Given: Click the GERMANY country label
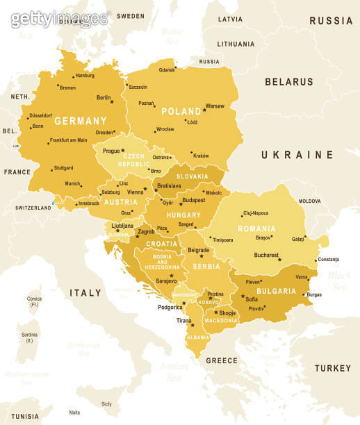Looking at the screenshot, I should point(81,121).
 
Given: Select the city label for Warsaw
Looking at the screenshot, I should point(215,106).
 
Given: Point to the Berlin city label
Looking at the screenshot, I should point(104,98).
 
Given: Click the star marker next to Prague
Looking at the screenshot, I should point(123,150).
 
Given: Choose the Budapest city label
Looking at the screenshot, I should point(193,200).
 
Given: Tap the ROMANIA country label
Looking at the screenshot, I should point(256,228).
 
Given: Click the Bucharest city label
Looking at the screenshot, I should point(266,255).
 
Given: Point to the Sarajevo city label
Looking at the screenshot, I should point(166,281).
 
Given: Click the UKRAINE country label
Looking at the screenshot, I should point(297,155).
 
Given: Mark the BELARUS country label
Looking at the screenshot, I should point(288,82).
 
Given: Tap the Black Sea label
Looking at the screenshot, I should point(340,281).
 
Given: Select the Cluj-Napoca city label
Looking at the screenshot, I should point(255,213).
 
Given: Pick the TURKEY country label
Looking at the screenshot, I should point(332,368).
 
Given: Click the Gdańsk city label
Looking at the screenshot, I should point(167,70).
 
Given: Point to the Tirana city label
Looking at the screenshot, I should point(183,321).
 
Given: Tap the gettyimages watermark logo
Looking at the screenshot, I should point(59,19).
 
